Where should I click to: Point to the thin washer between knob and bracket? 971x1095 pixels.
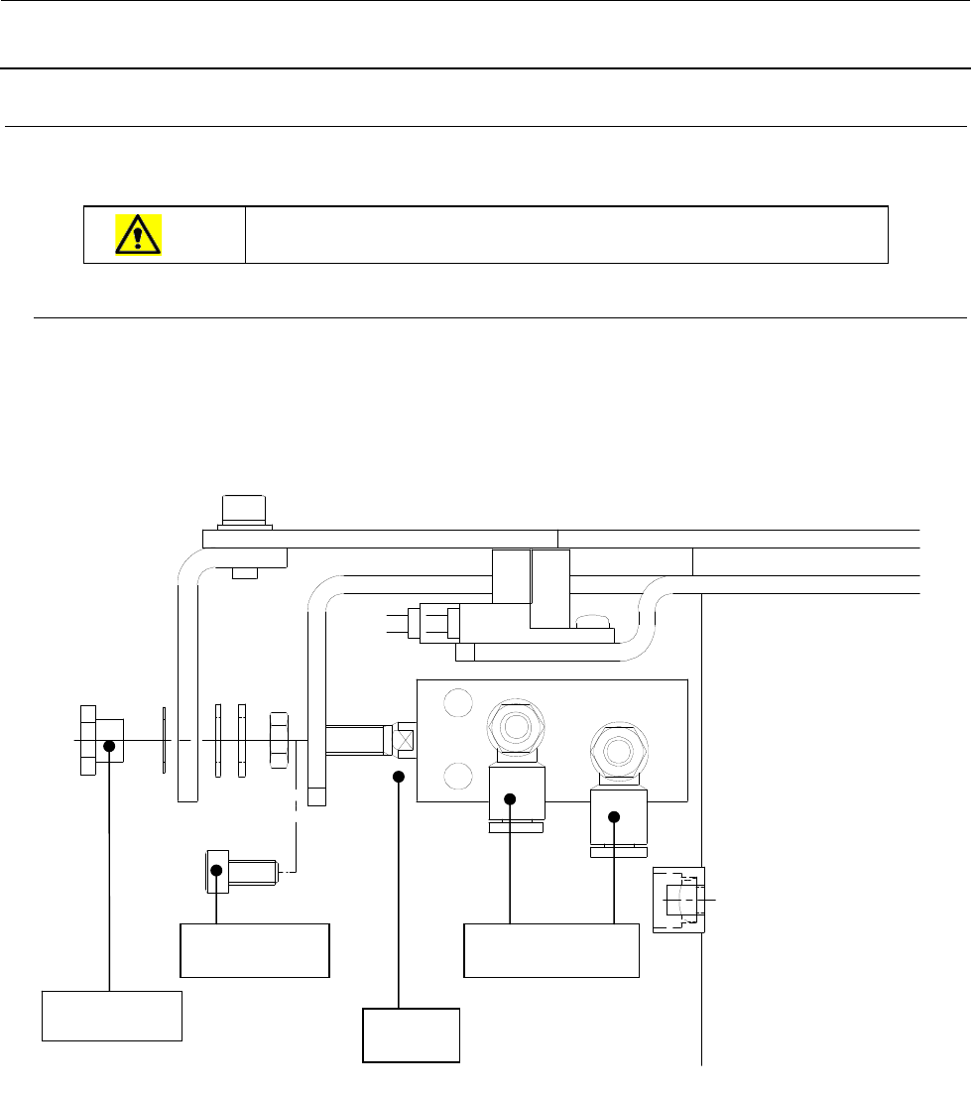click(162, 740)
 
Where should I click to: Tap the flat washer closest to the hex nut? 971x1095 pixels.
click(242, 740)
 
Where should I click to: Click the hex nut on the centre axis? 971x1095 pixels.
click(279, 740)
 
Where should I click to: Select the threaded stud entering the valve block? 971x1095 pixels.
click(354, 740)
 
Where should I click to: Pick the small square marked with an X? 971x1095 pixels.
click(405, 740)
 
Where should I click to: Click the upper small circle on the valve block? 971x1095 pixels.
click(457, 703)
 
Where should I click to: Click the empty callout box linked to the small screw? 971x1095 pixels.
click(254, 950)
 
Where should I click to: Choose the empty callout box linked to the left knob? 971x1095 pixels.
click(112, 1015)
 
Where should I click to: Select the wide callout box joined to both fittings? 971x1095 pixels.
click(551, 950)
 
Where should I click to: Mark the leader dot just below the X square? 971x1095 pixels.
click(399, 777)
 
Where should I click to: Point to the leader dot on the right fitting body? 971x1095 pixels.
click(614, 816)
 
